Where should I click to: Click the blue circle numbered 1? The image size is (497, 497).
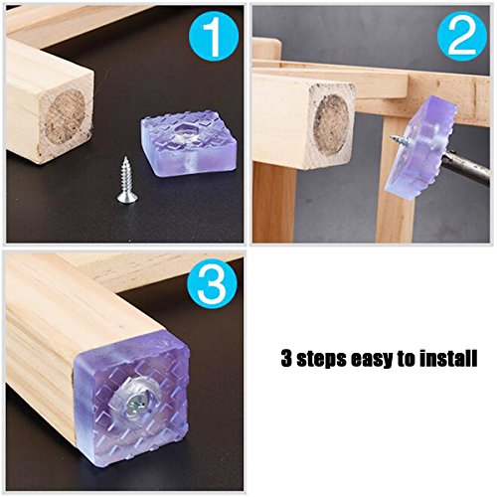click(x=214, y=36)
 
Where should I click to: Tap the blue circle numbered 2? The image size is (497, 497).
click(x=462, y=36)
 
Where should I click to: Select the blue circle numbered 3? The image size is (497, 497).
click(x=213, y=284)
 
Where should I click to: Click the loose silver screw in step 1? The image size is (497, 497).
click(x=126, y=180)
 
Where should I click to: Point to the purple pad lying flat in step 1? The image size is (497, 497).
click(x=188, y=143)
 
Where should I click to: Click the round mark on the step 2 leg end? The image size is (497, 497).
click(x=331, y=121)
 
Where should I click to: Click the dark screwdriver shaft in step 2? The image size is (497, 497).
click(x=468, y=167)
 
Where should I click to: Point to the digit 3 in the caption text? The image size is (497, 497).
click(x=286, y=358)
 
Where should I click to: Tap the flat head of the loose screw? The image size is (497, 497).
click(x=127, y=198)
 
